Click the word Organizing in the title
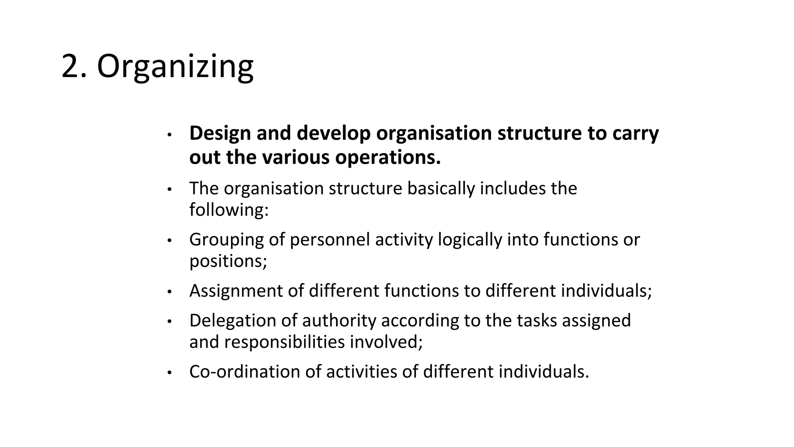click(x=175, y=67)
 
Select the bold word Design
click(x=220, y=133)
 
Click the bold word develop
click(x=333, y=133)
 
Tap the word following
click(x=229, y=210)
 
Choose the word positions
click(x=228, y=261)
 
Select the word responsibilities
click(x=284, y=342)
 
